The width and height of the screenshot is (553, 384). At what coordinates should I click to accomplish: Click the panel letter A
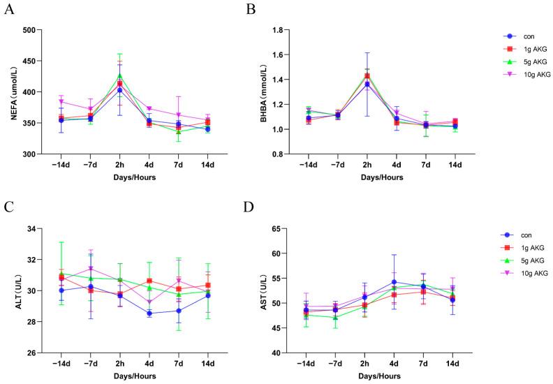tap(9, 13)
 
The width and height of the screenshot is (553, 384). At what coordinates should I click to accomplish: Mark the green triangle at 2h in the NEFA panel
tap(119, 75)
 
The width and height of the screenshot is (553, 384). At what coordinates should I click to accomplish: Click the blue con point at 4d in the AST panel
tap(395, 282)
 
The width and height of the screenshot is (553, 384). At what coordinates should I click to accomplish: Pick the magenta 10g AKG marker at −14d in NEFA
tap(61, 102)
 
